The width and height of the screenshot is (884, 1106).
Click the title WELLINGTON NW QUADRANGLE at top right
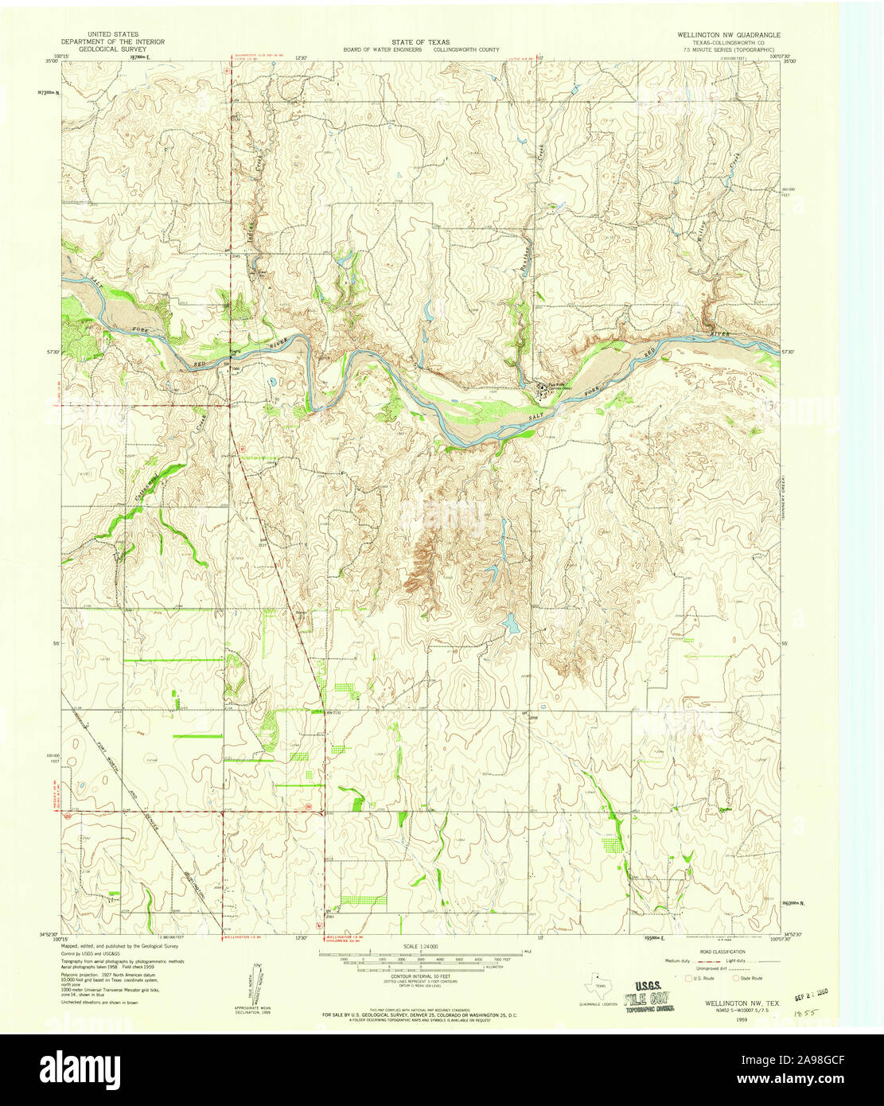728,36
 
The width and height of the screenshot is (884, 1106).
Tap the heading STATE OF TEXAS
420,41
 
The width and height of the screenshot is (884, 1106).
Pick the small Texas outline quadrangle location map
598,987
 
